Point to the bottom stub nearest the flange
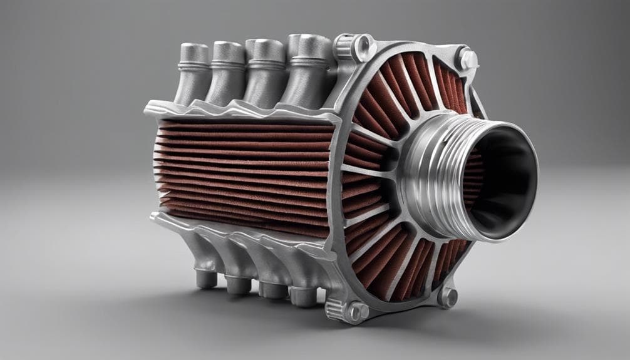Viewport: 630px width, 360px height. click(305, 294)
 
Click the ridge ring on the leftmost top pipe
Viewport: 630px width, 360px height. click(193, 64)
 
